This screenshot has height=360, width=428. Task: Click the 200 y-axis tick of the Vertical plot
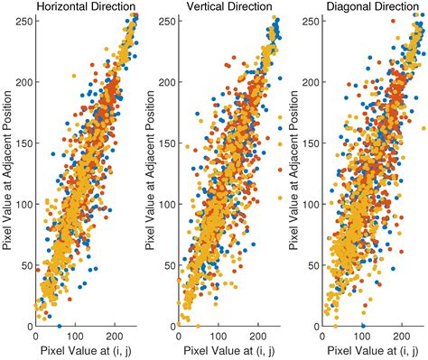tap(165, 79)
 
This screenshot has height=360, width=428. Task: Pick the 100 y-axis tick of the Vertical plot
tap(165, 204)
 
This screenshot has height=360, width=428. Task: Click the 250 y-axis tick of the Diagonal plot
tap(309, 17)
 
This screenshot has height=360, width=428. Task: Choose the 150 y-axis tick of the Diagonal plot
tap(309, 142)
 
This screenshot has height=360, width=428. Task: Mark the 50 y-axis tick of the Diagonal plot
tap(312, 265)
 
